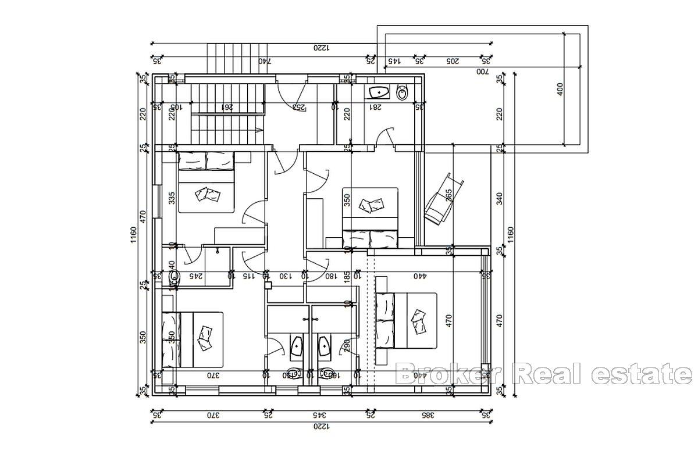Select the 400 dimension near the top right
coord(560,89)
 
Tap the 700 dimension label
coord(482,71)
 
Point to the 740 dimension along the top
coord(265,60)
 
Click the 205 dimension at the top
coord(452,60)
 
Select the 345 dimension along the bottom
coord(318,416)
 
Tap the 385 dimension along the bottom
coord(427,416)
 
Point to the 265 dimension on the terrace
coord(448,194)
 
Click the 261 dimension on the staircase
coord(228,107)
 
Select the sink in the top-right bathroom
coord(379,92)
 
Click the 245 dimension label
coord(196,276)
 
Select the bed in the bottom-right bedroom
coord(406,320)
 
